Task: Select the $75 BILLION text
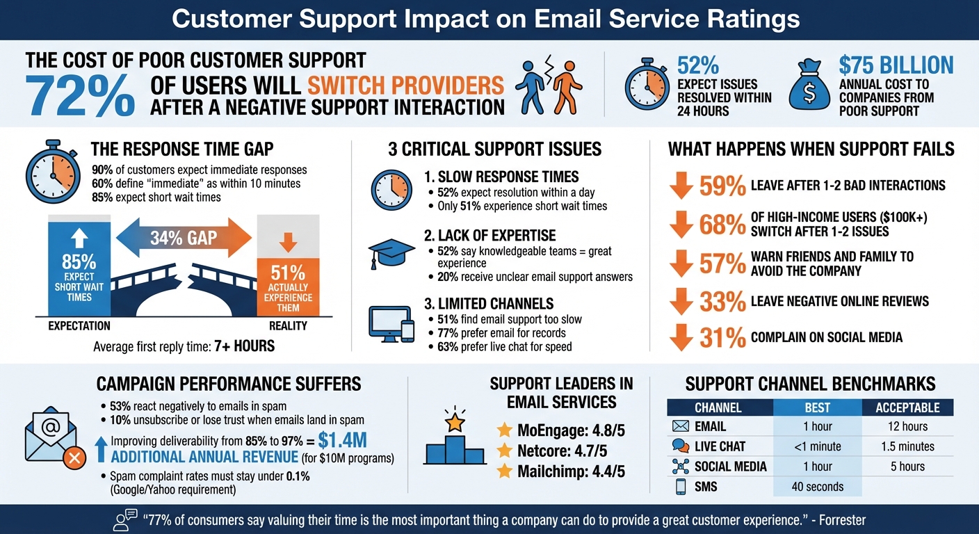click(896, 65)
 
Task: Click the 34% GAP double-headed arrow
click(184, 238)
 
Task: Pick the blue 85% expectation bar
click(79, 268)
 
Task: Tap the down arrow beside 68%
click(681, 225)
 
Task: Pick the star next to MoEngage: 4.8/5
click(504, 430)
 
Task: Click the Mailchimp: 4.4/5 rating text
click(571, 471)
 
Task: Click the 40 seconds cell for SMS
click(817, 487)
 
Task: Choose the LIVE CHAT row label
click(719, 446)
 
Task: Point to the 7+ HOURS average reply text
click(244, 346)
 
